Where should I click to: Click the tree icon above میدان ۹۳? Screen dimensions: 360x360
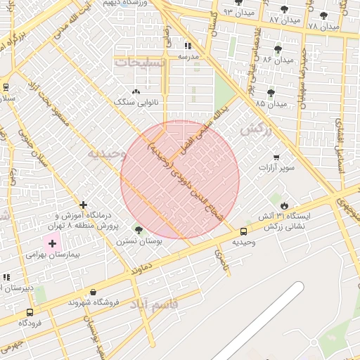coord(245,3)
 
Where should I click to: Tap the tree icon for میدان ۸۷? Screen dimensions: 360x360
coord(284,10)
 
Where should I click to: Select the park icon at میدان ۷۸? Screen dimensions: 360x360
coord(323,15)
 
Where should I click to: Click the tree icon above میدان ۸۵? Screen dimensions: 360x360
coord(271,93)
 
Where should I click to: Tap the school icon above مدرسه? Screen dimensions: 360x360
coord(187,46)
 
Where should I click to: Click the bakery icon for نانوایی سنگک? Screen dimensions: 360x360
coord(136,91)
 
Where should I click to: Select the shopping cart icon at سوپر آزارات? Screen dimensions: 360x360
coord(276,157)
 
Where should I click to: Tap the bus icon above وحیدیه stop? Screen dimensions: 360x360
coord(243,231)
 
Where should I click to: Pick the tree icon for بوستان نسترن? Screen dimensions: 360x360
coord(138,229)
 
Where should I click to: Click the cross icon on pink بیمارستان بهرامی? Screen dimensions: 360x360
coord(52,243)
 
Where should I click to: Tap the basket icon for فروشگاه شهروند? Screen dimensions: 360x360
coord(94,292)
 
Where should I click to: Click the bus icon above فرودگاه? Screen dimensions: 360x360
coord(29,312)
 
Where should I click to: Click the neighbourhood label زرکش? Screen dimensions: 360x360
coord(256,130)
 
